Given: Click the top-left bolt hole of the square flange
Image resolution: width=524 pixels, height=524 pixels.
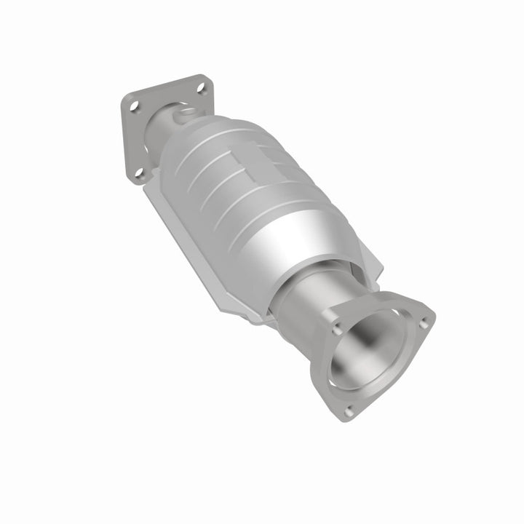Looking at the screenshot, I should pyautogui.click(x=134, y=107).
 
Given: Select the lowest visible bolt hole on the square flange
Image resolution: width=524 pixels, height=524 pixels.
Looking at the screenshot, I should pyautogui.click(x=140, y=172).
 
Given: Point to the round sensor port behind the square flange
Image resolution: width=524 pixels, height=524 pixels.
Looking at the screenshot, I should pyautogui.click(x=184, y=113).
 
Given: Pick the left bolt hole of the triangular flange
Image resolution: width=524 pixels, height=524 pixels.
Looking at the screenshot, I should pyautogui.click(x=338, y=328).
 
